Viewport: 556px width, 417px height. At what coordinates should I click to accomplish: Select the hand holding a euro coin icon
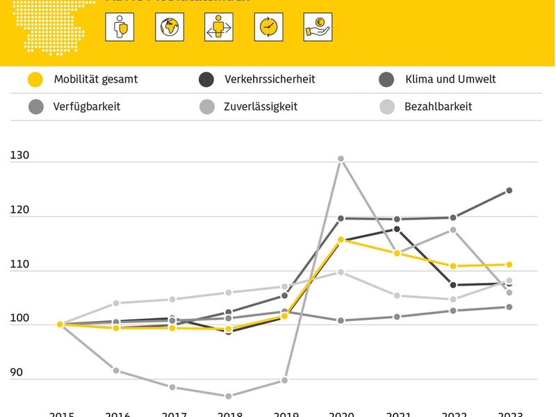[x=317, y=27]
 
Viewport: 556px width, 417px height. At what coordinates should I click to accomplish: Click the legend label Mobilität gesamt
[x=96, y=79]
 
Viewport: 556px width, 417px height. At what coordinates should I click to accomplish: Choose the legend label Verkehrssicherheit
[x=270, y=79]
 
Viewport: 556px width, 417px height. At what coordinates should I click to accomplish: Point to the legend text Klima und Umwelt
[x=450, y=79]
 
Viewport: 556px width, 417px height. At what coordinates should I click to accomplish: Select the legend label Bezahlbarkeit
[x=438, y=106]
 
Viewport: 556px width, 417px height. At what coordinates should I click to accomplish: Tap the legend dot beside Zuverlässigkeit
[x=206, y=106]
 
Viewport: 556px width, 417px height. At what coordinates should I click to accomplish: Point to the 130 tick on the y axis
[x=19, y=157]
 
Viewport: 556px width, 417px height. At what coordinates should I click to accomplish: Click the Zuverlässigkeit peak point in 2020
[x=341, y=159]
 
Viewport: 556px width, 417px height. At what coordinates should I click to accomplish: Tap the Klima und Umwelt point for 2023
[x=509, y=190]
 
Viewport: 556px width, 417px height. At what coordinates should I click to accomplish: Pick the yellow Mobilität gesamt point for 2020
[x=341, y=240]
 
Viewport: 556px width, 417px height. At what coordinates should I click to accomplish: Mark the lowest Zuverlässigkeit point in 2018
[x=228, y=396]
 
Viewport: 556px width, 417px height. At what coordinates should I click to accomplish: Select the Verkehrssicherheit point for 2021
[x=397, y=229]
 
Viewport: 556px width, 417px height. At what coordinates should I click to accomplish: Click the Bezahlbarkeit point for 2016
[x=116, y=303]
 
